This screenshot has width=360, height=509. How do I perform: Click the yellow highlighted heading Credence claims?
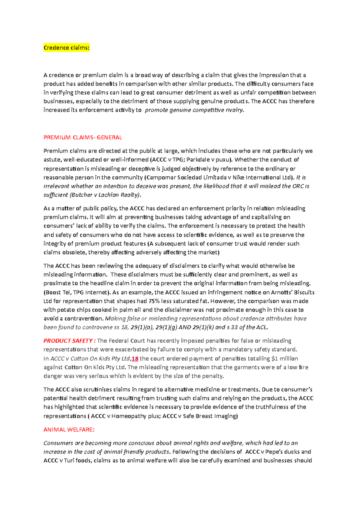pos(66,48)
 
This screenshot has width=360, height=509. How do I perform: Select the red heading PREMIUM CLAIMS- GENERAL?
pos(82,138)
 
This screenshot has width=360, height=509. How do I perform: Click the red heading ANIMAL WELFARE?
pos(69,430)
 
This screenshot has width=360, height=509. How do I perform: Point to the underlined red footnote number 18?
pos(135,359)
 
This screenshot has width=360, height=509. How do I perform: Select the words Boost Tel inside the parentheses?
pos(58,292)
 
